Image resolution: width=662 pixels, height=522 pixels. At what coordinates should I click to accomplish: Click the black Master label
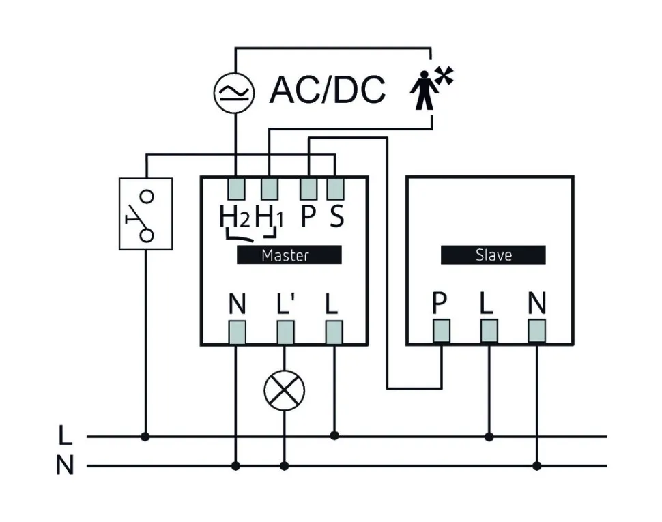[289, 255]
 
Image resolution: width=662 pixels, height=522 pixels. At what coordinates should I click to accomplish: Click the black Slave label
[493, 255]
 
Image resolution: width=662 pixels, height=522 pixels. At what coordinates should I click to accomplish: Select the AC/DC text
[328, 89]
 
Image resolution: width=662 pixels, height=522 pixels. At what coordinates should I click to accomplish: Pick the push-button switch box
[145, 214]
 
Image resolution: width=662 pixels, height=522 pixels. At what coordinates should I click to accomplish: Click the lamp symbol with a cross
[284, 390]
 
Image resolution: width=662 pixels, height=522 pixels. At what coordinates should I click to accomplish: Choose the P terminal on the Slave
[441, 331]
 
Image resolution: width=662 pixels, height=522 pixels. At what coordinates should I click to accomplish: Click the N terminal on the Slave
[537, 331]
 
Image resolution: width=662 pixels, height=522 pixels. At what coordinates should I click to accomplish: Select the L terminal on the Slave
[489, 331]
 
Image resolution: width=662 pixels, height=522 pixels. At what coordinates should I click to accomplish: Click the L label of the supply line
[65, 435]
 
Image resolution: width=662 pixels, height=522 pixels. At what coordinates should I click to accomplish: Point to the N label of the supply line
[65, 467]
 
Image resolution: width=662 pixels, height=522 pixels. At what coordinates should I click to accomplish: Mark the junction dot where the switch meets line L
[145, 436]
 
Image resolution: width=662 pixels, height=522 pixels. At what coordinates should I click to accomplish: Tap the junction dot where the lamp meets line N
[284, 467]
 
